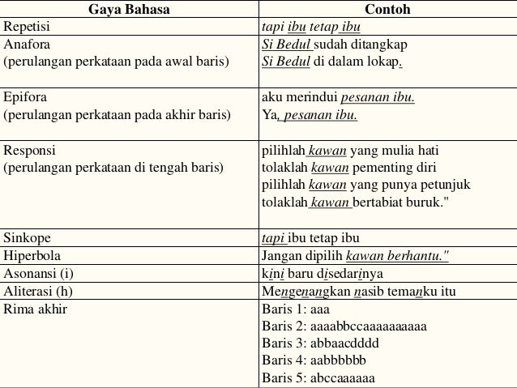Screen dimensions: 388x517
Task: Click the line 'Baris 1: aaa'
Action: tap(296, 309)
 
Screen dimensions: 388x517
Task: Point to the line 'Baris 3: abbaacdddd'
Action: tap(320, 343)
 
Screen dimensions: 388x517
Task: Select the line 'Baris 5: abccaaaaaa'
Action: tap(318, 377)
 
